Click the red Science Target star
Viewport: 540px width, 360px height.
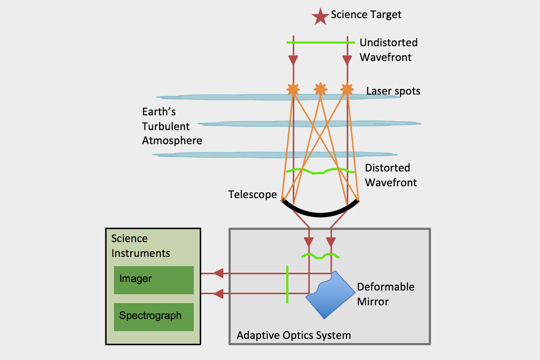pyautogui.click(x=320, y=17)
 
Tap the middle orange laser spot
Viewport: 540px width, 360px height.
pyautogui.click(x=320, y=89)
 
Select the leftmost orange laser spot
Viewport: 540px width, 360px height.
pyautogui.click(x=293, y=89)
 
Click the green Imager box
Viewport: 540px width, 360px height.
pyautogui.click(x=153, y=279)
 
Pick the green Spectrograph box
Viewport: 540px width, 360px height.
pyautogui.click(x=153, y=316)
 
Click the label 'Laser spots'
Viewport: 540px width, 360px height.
pyautogui.click(x=393, y=91)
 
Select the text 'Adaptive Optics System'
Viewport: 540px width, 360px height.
pyautogui.click(x=293, y=335)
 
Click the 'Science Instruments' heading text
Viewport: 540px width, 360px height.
pyautogui.click(x=140, y=246)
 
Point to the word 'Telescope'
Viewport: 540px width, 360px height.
pyautogui.click(x=252, y=194)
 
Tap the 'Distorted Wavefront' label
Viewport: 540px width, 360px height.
pyautogui.click(x=390, y=175)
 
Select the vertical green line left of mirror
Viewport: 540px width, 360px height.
pyautogui.click(x=287, y=284)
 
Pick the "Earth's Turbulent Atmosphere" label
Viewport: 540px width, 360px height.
pyautogui.click(x=172, y=126)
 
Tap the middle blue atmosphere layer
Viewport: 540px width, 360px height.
pyautogui.click(x=310, y=124)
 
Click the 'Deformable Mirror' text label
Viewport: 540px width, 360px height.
pyautogui.click(x=385, y=294)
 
